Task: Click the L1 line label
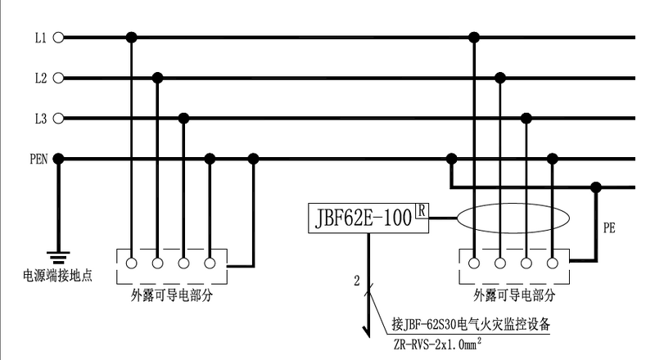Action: pyautogui.click(x=40, y=38)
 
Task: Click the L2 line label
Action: pyautogui.click(x=40, y=79)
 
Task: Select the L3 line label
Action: pyautogui.click(x=40, y=119)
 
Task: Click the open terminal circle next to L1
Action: pyautogui.click(x=58, y=38)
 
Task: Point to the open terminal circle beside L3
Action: pyautogui.click(x=58, y=119)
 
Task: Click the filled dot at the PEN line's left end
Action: pyautogui.click(x=58, y=159)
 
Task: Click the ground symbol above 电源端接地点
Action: pyautogui.click(x=58, y=255)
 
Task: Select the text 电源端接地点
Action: pyautogui.click(x=58, y=276)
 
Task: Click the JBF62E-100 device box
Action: pyautogui.click(x=362, y=218)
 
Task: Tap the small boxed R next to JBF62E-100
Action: pyautogui.click(x=422, y=210)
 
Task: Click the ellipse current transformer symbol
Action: pyautogui.click(x=513, y=218)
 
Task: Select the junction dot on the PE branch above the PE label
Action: pyautogui.click(x=596, y=187)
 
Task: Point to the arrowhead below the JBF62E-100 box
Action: pyautogui.click(x=368, y=331)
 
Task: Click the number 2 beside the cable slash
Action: pyautogui.click(x=357, y=281)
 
